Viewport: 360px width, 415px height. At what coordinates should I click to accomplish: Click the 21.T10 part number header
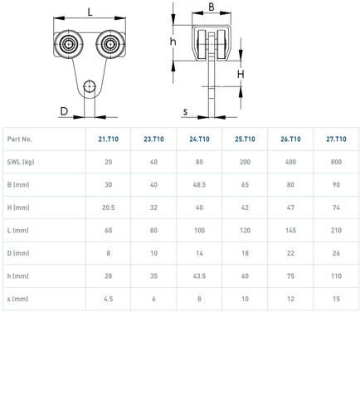point(109,139)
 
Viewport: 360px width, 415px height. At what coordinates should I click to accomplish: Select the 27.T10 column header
point(336,139)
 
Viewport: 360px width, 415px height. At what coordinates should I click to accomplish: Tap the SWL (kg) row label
point(21,162)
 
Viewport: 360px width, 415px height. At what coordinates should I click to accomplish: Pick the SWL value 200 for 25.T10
point(245,162)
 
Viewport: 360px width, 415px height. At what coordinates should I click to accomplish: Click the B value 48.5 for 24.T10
point(199,185)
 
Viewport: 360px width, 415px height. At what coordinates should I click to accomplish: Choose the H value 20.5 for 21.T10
point(109,207)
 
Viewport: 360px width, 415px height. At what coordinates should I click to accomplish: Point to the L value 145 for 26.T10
point(290,231)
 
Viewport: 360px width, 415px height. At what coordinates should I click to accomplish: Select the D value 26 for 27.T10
point(336,253)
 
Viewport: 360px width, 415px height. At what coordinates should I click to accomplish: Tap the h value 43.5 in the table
point(199,276)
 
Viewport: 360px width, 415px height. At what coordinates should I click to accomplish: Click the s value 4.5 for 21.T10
point(109,299)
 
